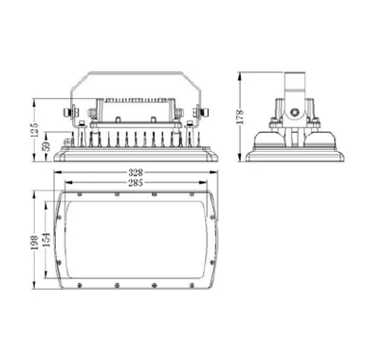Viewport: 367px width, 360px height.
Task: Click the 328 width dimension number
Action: pos(142,174)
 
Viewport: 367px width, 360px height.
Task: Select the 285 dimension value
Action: pos(142,183)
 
